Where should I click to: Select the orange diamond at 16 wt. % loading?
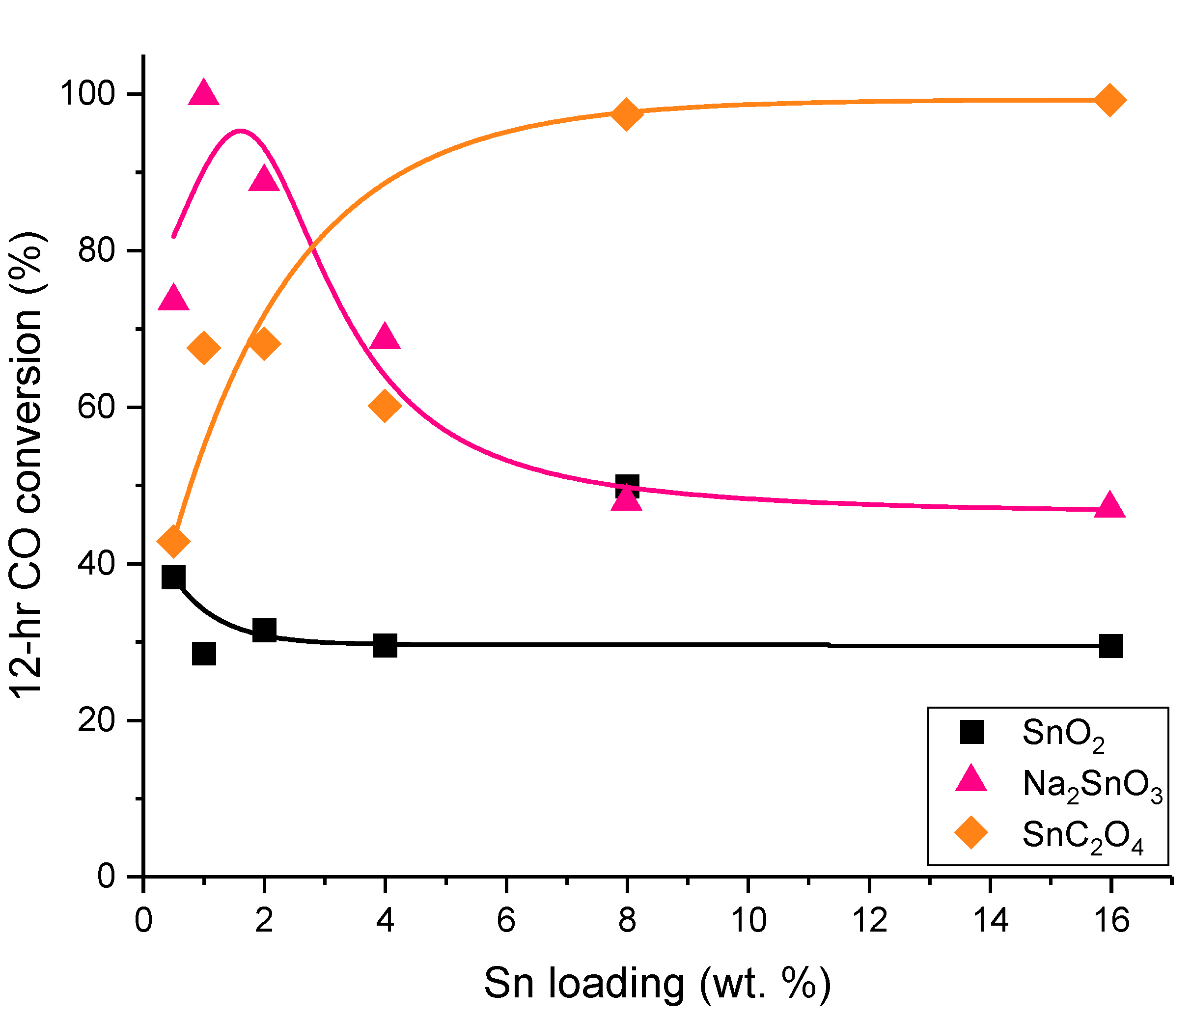[1110, 100]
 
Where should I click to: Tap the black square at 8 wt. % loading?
[627, 486]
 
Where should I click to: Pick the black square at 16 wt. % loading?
[1110, 646]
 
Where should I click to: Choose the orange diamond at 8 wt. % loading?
[627, 114]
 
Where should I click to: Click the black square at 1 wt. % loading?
[204, 654]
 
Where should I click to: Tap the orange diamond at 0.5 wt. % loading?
[173, 541]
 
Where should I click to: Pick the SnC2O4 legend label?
[1083, 836]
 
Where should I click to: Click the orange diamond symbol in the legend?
[971, 832]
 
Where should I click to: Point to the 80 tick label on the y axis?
[97, 250]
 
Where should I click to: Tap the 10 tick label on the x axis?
[748, 920]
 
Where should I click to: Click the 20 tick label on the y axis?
[97, 719]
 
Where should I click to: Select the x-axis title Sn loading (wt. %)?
[657, 984]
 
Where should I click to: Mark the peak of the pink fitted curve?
[240, 131]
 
